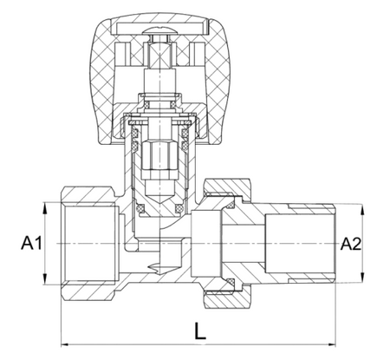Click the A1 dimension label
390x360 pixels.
coord(31,243)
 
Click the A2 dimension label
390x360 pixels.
coord(351,244)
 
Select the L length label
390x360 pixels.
coord(200,331)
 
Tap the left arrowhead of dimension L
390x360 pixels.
coord(65,344)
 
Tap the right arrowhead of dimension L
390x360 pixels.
coord(332,344)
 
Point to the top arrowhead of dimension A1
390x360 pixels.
coord(44,207)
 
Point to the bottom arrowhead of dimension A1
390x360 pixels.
coord(44,279)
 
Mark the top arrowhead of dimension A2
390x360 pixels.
coord(363,210)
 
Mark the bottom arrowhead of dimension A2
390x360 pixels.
coord(363,277)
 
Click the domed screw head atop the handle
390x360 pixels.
coord(159,30)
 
